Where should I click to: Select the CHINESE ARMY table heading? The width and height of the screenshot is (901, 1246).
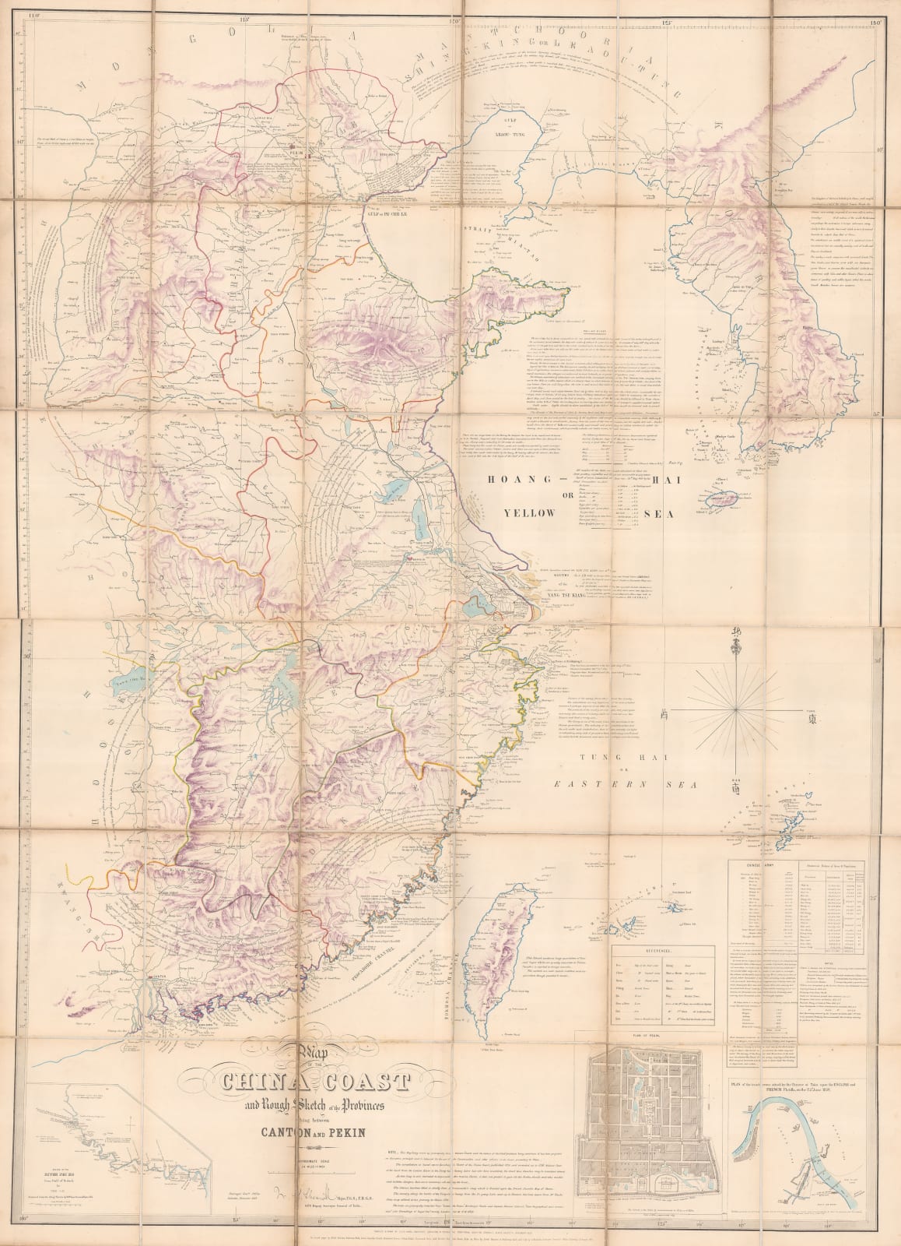click(750, 863)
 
